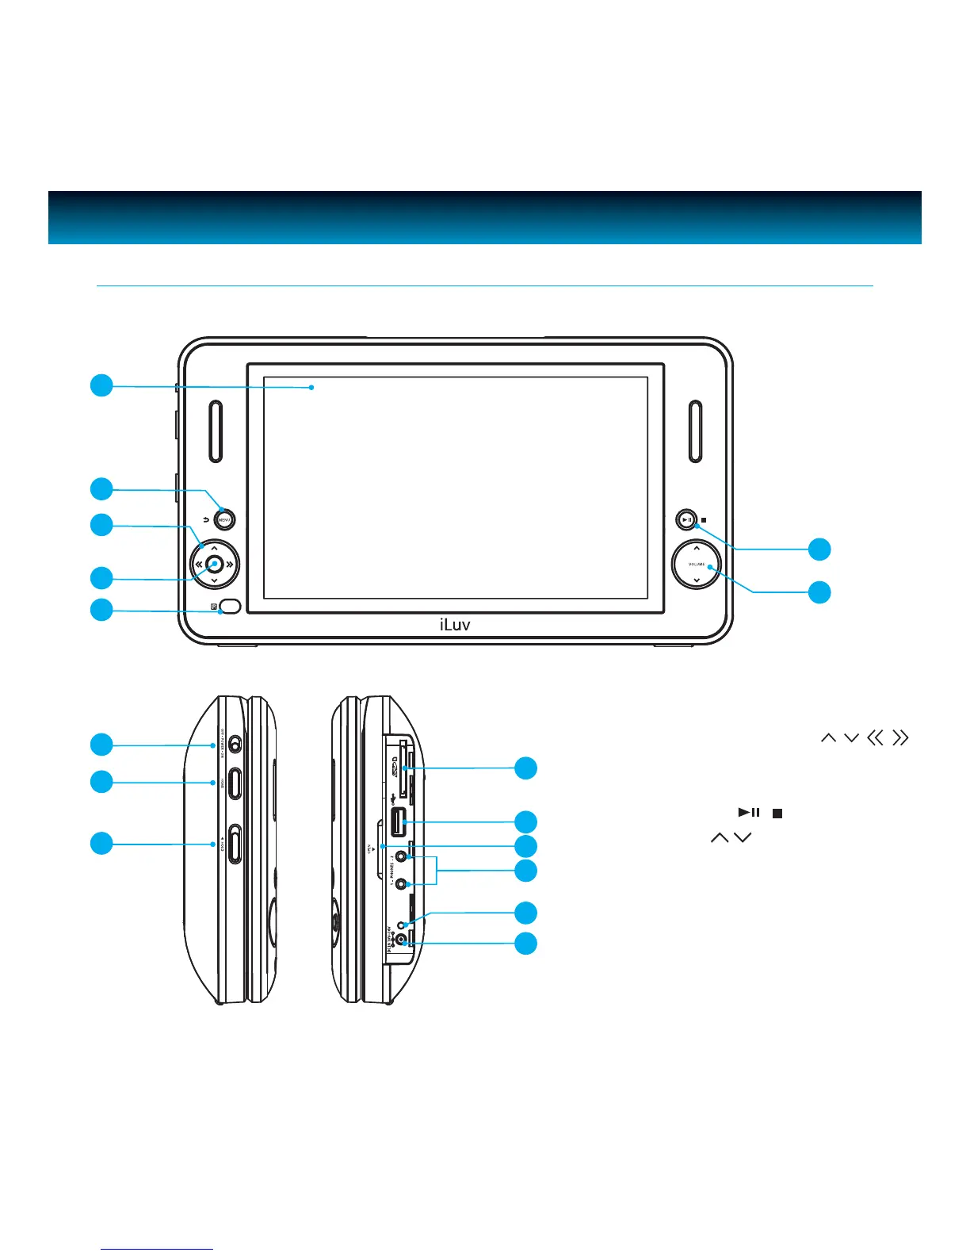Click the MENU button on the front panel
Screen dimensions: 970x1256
(x=225, y=520)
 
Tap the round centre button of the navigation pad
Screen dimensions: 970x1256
(x=214, y=565)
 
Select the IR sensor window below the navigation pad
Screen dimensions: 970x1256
(x=231, y=607)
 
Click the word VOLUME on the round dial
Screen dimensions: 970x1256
(x=696, y=565)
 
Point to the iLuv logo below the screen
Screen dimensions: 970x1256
(x=455, y=625)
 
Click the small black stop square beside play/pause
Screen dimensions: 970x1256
(x=704, y=521)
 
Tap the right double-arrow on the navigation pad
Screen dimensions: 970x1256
(x=230, y=565)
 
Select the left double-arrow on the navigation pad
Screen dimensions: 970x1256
(x=198, y=565)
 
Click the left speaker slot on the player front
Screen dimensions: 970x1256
(x=216, y=431)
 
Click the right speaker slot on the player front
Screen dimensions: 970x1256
(x=695, y=431)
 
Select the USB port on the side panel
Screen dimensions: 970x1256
(x=399, y=822)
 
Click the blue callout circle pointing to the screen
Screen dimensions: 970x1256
(x=101, y=386)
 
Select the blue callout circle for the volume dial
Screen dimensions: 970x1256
(x=819, y=592)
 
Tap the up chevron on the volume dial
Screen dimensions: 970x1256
(x=696, y=548)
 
